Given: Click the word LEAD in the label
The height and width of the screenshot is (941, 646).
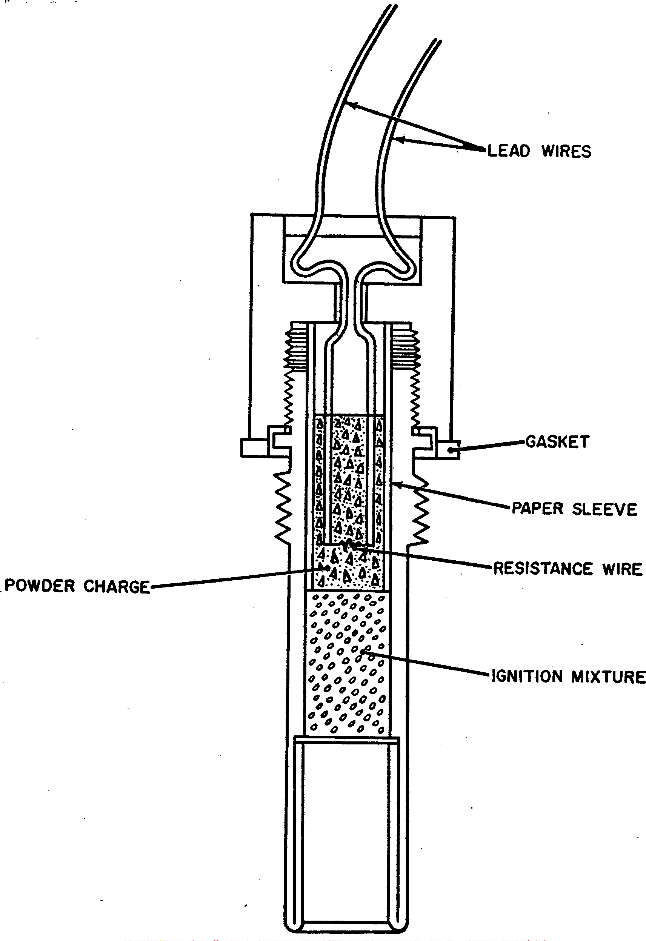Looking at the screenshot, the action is pyautogui.click(x=509, y=151).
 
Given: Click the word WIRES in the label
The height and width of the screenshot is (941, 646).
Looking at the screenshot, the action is pyautogui.click(x=567, y=151).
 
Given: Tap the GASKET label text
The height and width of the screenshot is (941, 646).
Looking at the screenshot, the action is pyautogui.click(x=557, y=441).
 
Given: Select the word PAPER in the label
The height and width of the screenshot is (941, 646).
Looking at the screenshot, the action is pyautogui.click(x=537, y=508).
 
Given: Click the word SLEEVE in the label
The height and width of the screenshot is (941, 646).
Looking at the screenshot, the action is pyautogui.click(x=605, y=509).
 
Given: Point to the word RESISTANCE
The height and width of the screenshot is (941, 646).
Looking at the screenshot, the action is pyautogui.click(x=543, y=568).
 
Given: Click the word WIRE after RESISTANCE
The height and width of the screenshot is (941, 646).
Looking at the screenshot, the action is pyautogui.click(x=623, y=569).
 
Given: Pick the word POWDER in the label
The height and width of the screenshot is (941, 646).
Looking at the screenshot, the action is pyautogui.click(x=39, y=586).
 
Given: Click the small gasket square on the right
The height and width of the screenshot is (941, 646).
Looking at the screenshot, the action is pyautogui.click(x=449, y=450).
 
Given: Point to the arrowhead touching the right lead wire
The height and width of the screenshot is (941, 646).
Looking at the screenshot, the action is pyautogui.click(x=399, y=140).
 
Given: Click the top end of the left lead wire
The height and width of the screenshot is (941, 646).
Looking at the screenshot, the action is pyautogui.click(x=394, y=6).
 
